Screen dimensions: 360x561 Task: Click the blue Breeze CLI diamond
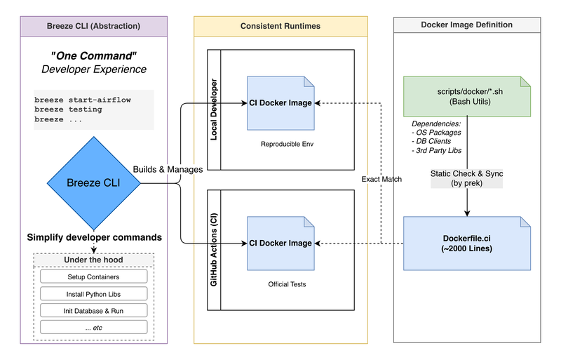93,183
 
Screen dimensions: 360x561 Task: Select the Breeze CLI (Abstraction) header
94,26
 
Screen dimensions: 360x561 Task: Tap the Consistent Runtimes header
280,26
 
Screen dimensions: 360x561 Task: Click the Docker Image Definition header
466,25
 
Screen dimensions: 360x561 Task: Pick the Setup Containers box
93,277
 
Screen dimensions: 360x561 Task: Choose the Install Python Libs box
93,293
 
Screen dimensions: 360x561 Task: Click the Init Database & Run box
93,310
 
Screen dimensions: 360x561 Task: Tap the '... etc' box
93,326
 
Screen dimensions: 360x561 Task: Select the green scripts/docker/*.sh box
467,96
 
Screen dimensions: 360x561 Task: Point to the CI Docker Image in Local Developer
280,103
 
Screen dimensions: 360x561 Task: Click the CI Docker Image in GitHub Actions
280,243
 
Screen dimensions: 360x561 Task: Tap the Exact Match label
381,180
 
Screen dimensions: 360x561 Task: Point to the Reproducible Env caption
279,143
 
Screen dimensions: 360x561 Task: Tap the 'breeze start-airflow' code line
83,100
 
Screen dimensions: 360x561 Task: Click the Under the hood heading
93,260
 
